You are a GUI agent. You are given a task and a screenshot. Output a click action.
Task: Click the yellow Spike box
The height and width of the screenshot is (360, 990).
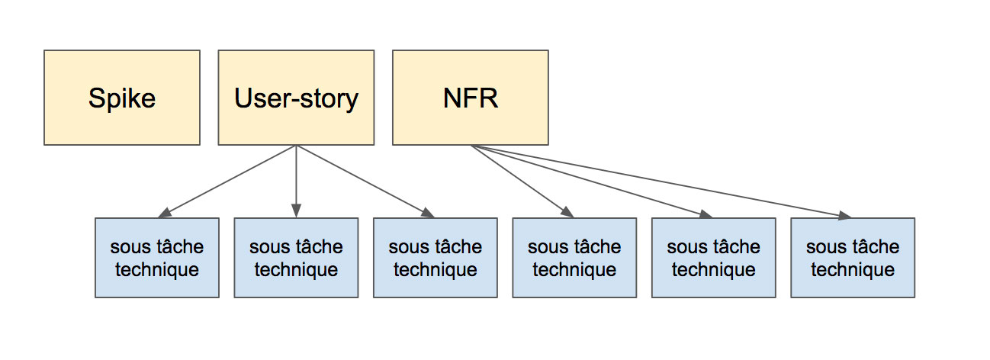[x=122, y=98]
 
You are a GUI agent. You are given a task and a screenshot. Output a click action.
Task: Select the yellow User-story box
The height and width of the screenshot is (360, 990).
[x=296, y=98]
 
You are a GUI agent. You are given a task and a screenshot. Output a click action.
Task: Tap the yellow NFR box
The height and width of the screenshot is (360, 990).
[x=470, y=98]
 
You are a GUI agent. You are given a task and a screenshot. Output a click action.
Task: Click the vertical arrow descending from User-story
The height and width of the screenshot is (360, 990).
[x=296, y=179]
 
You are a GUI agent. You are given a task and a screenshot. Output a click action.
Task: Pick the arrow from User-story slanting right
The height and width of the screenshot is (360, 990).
[x=362, y=180]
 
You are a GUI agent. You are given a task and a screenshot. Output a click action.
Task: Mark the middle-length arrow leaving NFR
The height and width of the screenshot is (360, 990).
[x=591, y=181]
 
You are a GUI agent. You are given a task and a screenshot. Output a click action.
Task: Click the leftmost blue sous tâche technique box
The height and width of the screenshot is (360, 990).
[x=156, y=258]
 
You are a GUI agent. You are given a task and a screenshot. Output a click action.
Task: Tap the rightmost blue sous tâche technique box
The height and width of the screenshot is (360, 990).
[x=853, y=258]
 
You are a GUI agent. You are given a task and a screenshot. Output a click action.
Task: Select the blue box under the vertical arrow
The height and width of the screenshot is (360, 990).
[x=296, y=258]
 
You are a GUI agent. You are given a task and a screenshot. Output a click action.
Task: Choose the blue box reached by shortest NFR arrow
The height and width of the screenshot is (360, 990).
[x=574, y=258]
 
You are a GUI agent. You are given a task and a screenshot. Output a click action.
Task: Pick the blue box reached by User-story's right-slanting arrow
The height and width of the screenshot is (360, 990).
[x=435, y=258]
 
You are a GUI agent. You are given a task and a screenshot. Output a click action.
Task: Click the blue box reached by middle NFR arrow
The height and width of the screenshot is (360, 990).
[x=713, y=258]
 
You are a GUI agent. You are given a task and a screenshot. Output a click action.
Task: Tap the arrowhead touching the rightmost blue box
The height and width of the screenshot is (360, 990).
[x=844, y=216]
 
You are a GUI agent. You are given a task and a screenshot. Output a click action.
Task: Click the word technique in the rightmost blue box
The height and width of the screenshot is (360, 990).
[x=853, y=269]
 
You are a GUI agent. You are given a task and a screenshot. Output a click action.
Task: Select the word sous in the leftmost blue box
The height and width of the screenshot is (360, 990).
[x=127, y=247]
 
